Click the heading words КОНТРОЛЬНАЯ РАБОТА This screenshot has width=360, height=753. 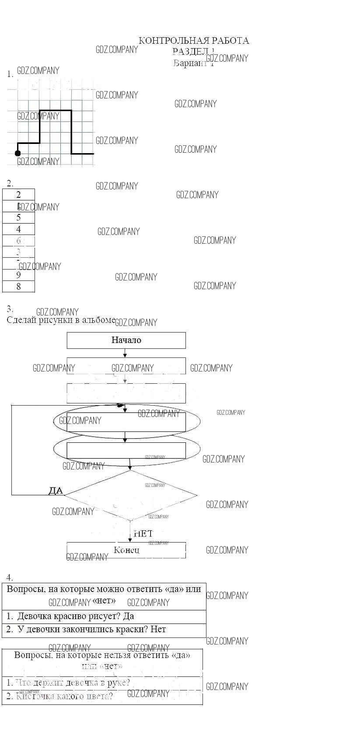pos(194,41)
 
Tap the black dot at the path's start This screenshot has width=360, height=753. pos(17,153)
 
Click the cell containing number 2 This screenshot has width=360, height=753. pos(18,195)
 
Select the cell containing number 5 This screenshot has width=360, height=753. pos(18,217)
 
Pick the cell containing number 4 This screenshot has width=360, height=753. pos(18,229)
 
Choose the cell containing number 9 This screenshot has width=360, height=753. pos(18,275)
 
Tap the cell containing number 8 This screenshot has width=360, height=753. pos(18,287)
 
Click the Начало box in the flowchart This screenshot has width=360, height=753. pos(126,340)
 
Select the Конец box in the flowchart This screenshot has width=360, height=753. pos(126,550)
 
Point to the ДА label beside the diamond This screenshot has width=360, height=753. pos(56,491)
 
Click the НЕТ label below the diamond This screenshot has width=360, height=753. pos(143,533)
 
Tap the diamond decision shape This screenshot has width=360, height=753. pos(130,495)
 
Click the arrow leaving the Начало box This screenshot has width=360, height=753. pos(125,353)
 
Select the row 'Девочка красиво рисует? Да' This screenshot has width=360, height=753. pos(70,616)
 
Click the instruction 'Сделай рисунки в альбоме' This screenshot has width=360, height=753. pos(61,320)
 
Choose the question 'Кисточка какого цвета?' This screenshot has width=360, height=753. pos(64,696)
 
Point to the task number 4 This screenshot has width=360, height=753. pos(10,577)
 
